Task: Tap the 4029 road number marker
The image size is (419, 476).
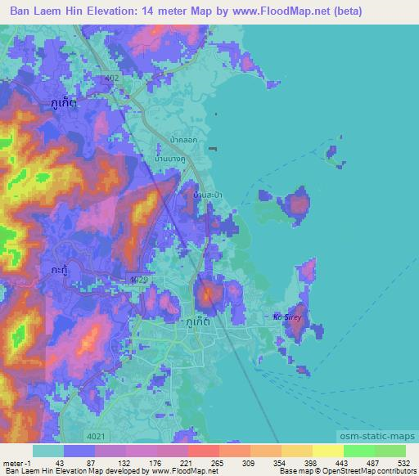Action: [138, 280]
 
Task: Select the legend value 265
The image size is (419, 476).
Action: [216, 463]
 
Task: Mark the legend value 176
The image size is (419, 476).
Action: [144, 463]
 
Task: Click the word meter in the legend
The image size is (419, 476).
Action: [11, 463]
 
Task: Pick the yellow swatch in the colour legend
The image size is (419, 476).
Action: [328, 451]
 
